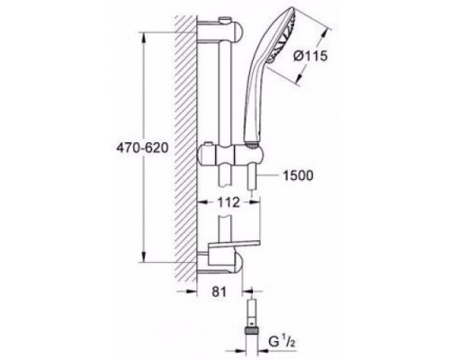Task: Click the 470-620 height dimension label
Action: click(142, 148)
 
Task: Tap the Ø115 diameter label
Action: click(310, 56)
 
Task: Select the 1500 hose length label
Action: click(298, 175)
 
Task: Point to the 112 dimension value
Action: click(229, 202)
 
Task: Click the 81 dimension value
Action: click(219, 292)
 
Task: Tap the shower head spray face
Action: click(285, 34)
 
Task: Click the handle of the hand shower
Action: click(254, 99)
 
